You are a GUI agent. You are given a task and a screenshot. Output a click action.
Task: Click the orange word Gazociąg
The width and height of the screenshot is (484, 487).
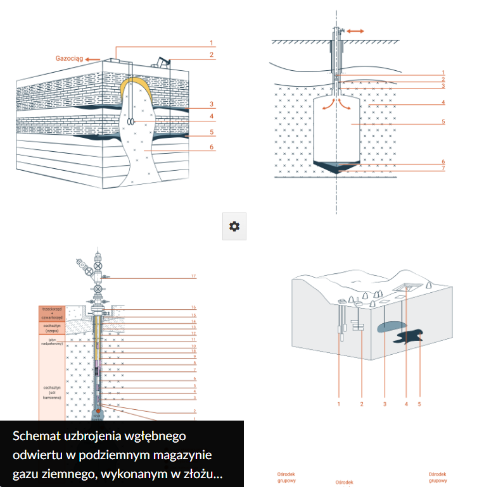coord(69,58)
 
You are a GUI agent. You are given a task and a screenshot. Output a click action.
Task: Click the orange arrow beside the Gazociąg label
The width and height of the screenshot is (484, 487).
coord(92,59)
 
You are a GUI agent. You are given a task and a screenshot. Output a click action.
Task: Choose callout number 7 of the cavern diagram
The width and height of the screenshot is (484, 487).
coord(443,169)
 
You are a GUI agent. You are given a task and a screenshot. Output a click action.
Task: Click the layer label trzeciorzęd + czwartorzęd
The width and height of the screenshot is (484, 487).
coord(52,314)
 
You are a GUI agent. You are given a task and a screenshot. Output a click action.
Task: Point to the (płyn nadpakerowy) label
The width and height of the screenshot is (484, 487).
coord(52,342)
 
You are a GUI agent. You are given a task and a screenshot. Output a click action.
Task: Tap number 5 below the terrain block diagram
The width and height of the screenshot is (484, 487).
coord(419,403)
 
